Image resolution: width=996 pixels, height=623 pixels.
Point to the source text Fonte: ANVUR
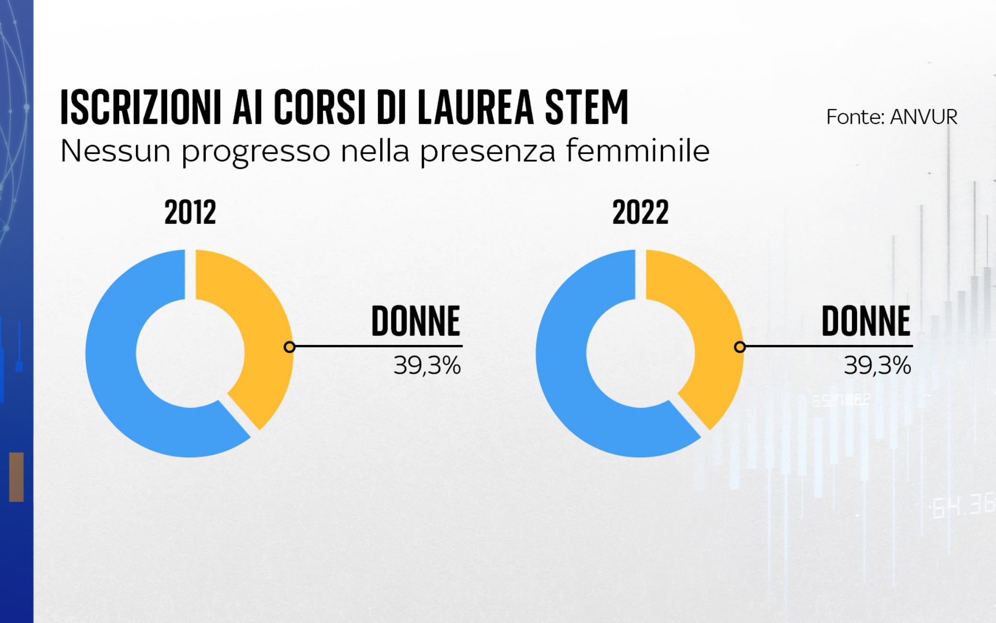[891, 117]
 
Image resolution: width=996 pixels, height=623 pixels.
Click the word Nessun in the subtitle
[115, 151]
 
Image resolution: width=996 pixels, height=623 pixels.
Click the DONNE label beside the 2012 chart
[415, 321]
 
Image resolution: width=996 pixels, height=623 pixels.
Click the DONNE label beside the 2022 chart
[865, 321]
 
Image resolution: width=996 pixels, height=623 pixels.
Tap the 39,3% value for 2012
[427, 366]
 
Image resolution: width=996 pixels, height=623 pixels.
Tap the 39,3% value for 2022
[877, 366]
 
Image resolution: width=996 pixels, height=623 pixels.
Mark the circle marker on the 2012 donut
[289, 347]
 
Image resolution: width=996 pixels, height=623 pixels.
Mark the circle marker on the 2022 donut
[739, 347]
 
